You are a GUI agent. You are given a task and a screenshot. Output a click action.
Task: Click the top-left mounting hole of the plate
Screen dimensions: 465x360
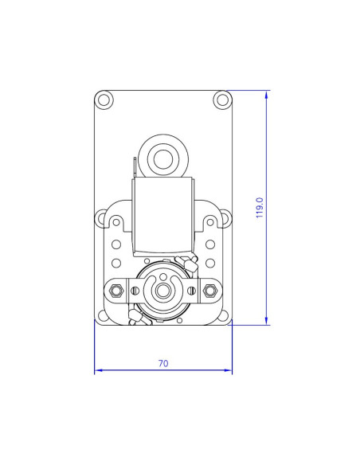tap(104, 100)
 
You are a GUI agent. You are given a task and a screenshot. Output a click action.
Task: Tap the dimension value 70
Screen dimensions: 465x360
tap(163, 363)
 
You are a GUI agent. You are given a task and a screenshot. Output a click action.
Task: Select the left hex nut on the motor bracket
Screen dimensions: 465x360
tap(116, 289)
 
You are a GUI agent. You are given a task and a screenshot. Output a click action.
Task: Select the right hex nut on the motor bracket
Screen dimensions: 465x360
tap(210, 289)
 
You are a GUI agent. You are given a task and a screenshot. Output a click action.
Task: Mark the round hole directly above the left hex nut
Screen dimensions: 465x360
tap(116, 262)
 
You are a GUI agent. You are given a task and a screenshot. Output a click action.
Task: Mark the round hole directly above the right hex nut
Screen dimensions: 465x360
tap(210, 262)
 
